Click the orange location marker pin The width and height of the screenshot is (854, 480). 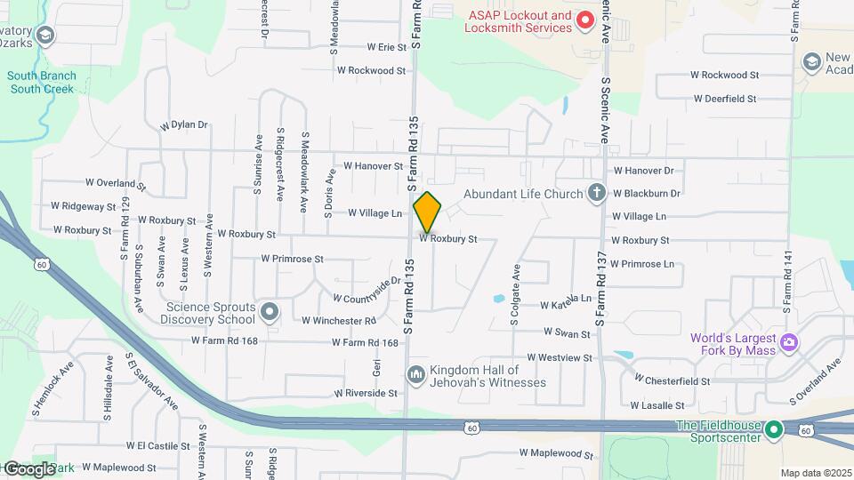427,212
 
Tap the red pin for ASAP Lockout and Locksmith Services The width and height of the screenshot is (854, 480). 584,20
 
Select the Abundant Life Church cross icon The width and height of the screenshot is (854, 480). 597,193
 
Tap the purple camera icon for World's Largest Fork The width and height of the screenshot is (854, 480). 788,342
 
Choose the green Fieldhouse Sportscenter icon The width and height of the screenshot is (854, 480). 774,431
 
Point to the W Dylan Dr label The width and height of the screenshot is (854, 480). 183,125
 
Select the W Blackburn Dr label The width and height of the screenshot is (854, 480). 646,193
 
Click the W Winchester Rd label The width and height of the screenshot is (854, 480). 338,320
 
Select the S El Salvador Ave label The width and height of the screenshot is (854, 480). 152,385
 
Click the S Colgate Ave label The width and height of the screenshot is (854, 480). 515,294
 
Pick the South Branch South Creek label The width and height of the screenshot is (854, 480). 42,83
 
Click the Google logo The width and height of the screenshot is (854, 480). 28,468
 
